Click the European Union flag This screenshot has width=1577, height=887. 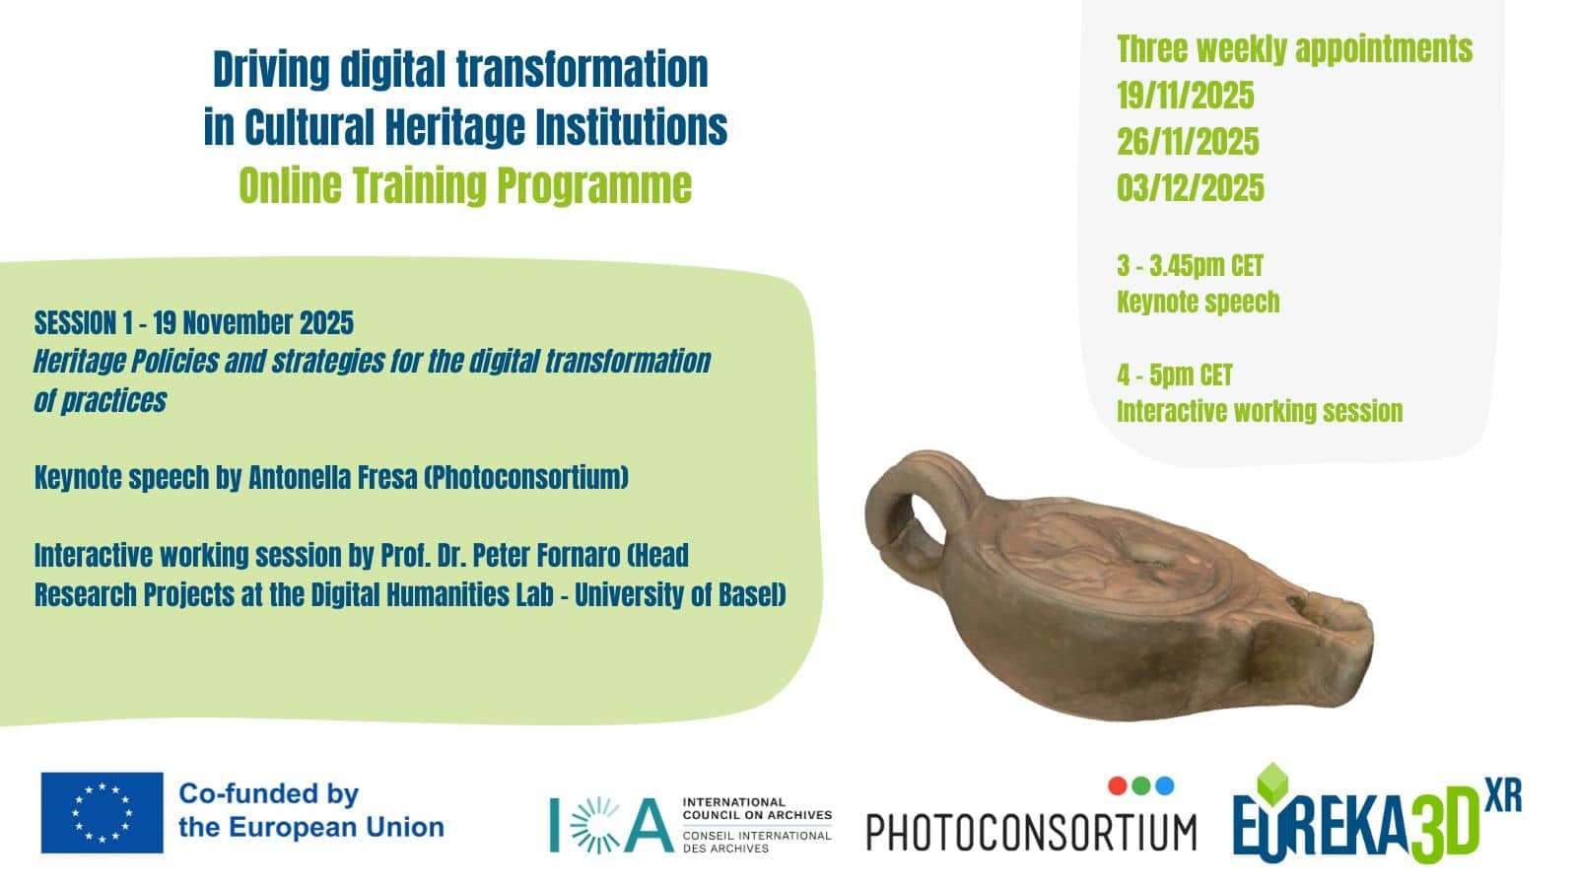point(103,812)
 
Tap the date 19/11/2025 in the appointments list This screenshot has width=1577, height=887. point(1186,96)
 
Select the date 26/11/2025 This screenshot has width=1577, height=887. point(1188,142)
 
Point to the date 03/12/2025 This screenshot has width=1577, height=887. point(1191,188)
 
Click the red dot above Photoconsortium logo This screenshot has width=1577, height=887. point(1118,785)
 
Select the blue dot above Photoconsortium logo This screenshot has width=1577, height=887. point(1165,785)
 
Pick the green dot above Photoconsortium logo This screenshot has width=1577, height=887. point(1141,785)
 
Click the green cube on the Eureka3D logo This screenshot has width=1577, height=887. point(1272,784)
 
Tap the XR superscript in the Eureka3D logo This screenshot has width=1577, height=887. point(1504,794)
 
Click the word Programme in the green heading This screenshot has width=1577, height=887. point(595,186)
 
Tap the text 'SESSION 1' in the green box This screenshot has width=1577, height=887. point(83,323)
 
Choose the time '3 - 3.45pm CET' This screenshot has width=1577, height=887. point(1190,266)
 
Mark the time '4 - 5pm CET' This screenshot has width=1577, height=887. point(1174,375)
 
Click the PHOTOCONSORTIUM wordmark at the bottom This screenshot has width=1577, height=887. point(1031,833)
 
